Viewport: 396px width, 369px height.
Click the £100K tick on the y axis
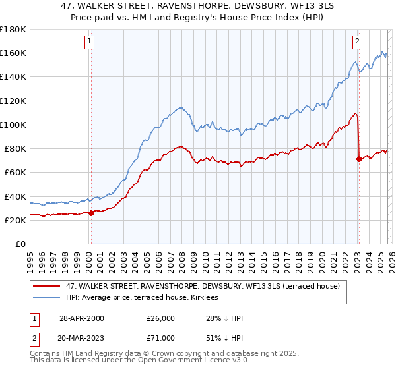pos(12,125)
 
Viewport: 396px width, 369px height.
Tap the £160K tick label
pos(12,53)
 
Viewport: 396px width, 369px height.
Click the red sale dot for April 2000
pos(91,213)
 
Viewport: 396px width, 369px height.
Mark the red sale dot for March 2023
pos(358,159)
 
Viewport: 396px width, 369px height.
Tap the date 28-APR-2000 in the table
pos(81,318)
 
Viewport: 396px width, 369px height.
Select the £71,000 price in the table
pos(161,338)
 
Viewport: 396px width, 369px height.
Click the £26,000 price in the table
pos(161,318)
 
